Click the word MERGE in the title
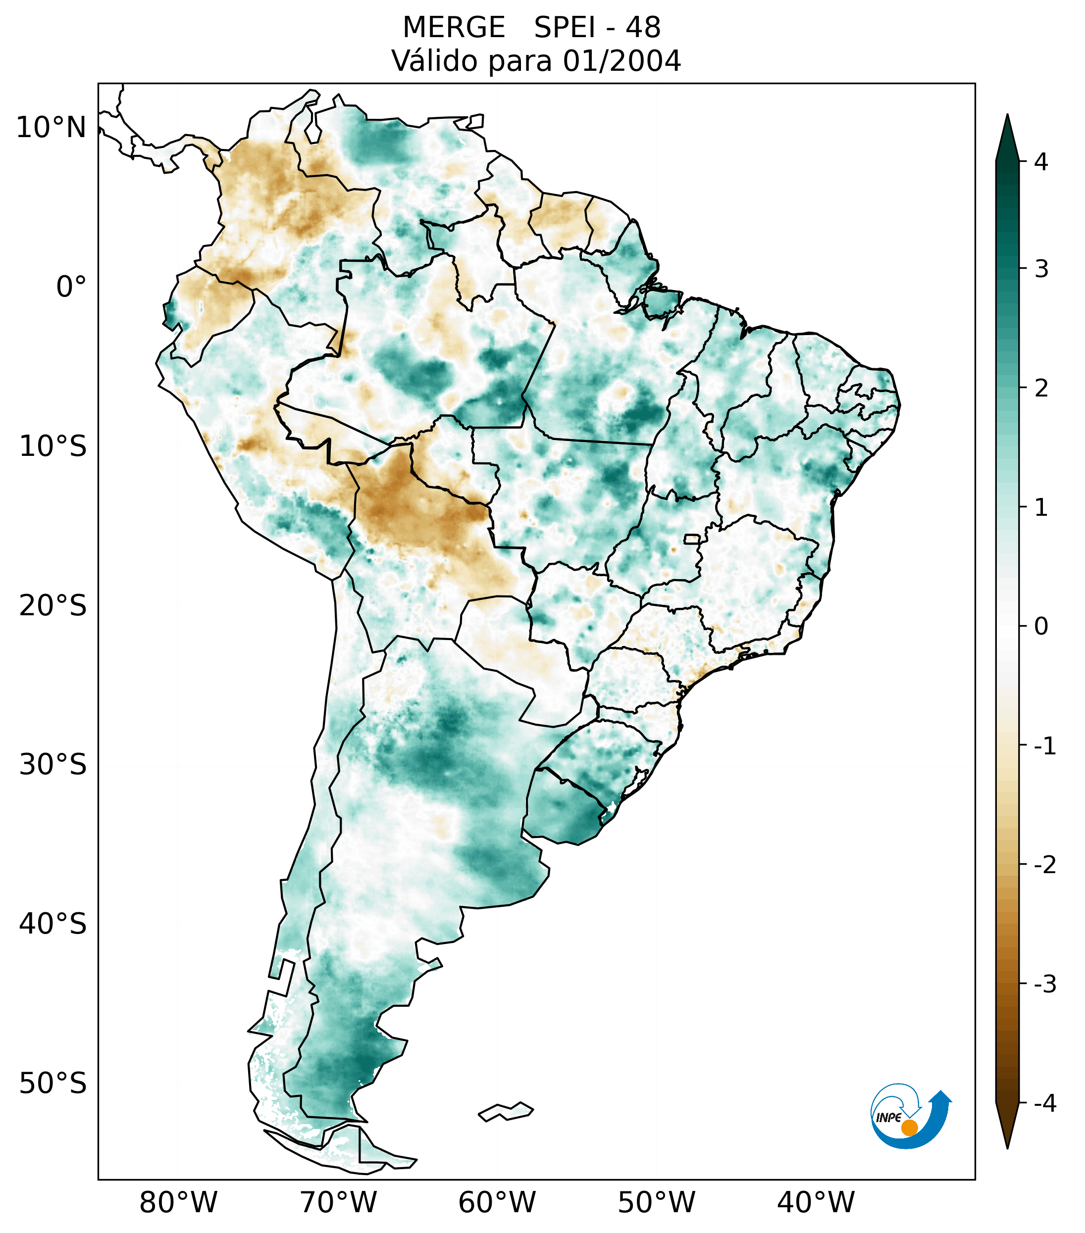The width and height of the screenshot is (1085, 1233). click(453, 28)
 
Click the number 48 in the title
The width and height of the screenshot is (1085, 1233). click(643, 28)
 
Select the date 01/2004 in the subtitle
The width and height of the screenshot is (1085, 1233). click(621, 61)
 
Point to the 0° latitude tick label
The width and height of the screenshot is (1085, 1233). click(71, 287)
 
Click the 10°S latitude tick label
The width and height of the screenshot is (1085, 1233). click(53, 447)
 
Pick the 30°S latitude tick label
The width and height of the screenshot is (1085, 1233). click(53, 765)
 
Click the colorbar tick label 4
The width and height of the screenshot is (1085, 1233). click(1041, 162)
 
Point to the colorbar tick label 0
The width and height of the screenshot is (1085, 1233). click(1041, 627)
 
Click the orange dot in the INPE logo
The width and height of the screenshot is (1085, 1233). click(909, 1128)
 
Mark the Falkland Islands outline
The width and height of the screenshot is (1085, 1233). click(506, 1111)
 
